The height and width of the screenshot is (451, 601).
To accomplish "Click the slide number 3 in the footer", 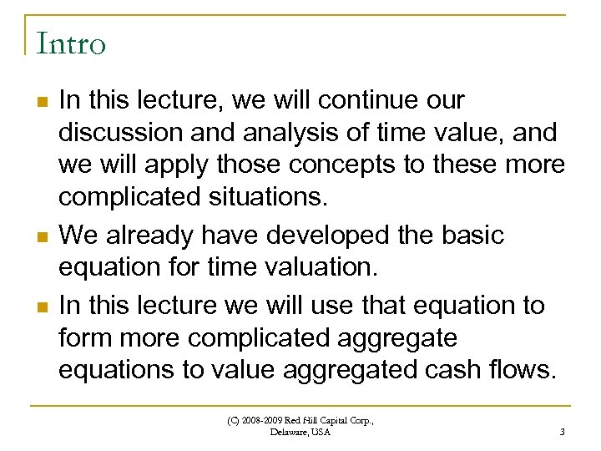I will [563, 432].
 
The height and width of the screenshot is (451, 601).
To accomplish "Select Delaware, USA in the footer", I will [300, 433].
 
